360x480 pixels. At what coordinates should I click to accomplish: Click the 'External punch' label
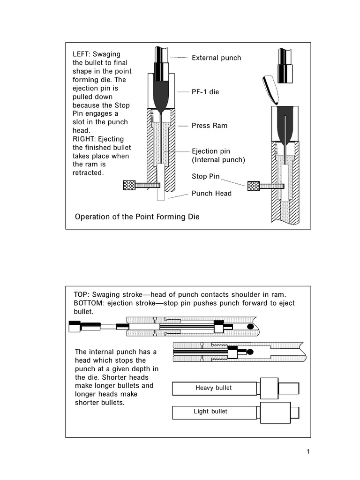(x=216, y=58)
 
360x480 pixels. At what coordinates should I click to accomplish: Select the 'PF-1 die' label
(x=205, y=92)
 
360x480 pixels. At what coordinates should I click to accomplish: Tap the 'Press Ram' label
(x=209, y=126)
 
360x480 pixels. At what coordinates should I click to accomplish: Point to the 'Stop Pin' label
(x=204, y=176)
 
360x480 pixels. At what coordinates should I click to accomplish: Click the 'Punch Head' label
(x=211, y=193)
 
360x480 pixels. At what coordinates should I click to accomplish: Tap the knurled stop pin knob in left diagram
(x=129, y=185)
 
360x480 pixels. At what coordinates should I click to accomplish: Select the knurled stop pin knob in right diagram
(x=253, y=186)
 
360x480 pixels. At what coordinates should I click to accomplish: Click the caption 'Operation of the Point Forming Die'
(x=137, y=217)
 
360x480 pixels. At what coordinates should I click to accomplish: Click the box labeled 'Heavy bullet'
(x=214, y=388)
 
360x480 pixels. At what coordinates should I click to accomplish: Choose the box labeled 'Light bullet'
(x=210, y=412)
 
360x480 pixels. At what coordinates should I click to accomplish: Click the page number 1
(x=308, y=452)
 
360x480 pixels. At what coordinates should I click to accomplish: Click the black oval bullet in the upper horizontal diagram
(x=250, y=326)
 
